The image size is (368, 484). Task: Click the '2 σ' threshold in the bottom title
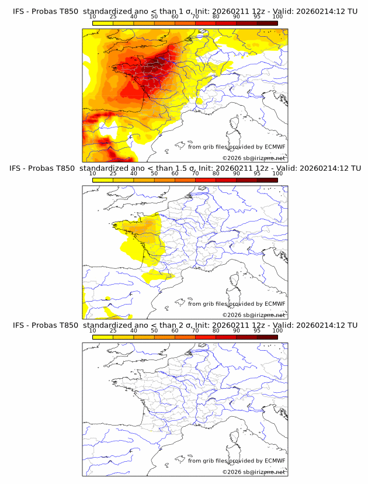[x=182, y=325]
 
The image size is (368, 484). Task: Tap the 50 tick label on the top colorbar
[x=154, y=16]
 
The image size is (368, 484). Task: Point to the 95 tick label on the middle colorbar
[x=256, y=174]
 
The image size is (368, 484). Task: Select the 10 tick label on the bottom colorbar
[x=93, y=330]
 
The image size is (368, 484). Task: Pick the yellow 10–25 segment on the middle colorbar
[x=103, y=180]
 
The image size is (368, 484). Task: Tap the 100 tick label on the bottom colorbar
[x=277, y=330]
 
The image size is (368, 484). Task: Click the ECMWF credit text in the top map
[x=237, y=147]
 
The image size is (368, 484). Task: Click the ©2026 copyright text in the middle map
[x=254, y=314]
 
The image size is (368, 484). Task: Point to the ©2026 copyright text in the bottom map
[x=254, y=472]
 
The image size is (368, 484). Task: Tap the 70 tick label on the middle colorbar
[x=195, y=174]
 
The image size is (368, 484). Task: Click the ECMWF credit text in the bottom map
[x=237, y=461]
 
